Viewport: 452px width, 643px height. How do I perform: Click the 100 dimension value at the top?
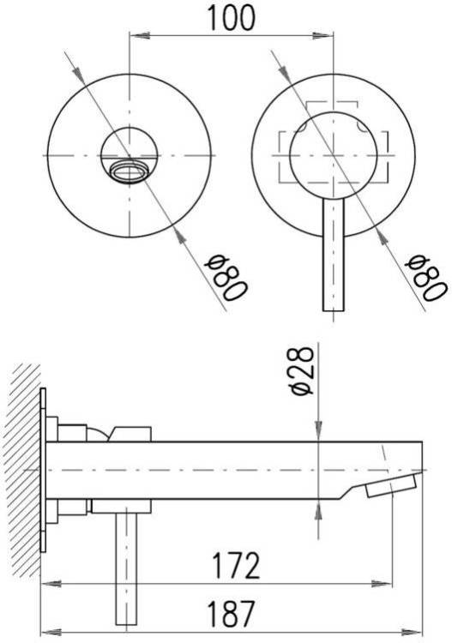pos(232,18)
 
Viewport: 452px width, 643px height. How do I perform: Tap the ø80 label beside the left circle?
pos(226,278)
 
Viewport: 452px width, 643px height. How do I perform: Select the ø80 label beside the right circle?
pos(425,278)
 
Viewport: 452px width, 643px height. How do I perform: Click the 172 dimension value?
pos(235,565)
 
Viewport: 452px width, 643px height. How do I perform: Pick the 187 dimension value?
pos(232,613)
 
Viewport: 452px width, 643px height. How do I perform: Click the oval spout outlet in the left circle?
pos(130,171)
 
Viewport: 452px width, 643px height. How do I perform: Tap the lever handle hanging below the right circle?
pos(334,255)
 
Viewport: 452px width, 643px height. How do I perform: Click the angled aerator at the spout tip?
pos(393,484)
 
